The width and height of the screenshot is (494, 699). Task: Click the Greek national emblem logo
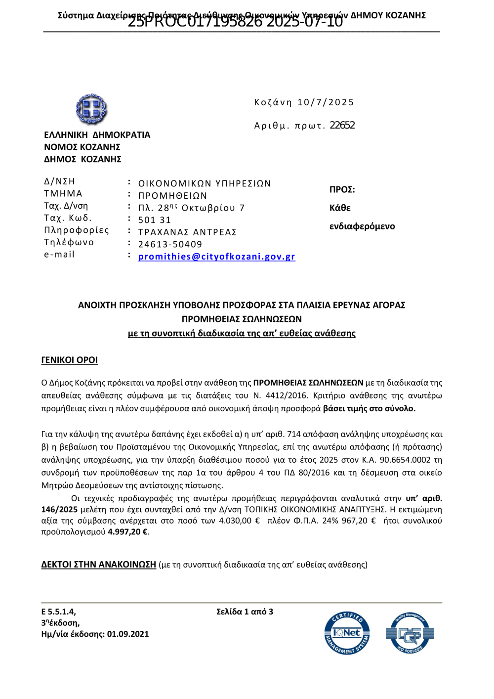(91, 109)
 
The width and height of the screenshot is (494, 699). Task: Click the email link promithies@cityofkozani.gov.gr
(216, 257)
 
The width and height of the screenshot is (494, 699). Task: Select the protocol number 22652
(342, 126)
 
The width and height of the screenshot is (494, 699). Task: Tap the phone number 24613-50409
(170, 244)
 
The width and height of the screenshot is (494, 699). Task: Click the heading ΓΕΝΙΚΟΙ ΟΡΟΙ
(70, 360)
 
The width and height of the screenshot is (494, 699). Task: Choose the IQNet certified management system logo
(347, 633)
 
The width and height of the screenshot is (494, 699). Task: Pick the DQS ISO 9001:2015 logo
(410, 633)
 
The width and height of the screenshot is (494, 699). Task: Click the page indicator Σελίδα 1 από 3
(245, 612)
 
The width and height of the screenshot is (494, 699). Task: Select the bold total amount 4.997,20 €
(127, 532)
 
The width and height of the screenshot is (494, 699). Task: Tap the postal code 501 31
(155, 220)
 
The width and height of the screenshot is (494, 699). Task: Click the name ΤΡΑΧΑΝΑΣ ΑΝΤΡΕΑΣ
(187, 232)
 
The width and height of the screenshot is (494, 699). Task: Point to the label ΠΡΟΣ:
(342, 190)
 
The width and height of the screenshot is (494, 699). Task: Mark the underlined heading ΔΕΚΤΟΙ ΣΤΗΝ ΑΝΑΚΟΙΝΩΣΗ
(99, 565)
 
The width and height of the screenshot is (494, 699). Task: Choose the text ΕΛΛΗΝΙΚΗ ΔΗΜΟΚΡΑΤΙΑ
(97, 135)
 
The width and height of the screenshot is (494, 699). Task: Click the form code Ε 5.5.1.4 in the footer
(58, 612)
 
